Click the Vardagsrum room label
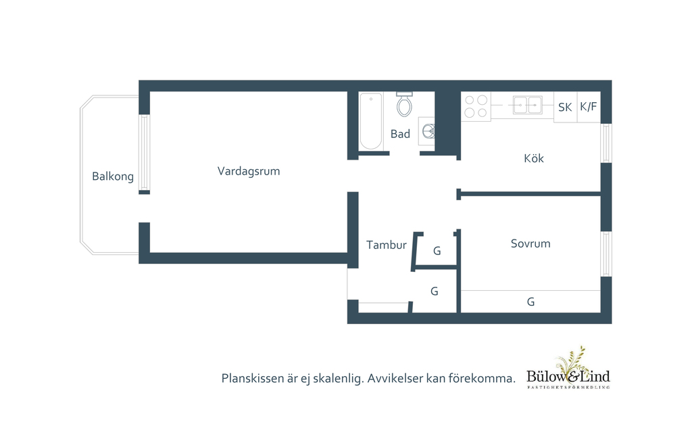pyautogui.click(x=248, y=171)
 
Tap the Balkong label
pyautogui.click(x=113, y=177)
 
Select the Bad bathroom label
pyautogui.click(x=400, y=134)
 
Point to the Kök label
pyautogui.click(x=533, y=158)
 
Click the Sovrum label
pyautogui.click(x=530, y=244)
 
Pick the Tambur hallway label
pyautogui.click(x=386, y=245)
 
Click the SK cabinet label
pyautogui.click(x=565, y=107)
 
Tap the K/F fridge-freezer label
pyautogui.click(x=589, y=106)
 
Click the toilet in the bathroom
pyautogui.click(x=404, y=104)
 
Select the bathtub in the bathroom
pyautogui.click(x=370, y=122)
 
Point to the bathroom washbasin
pyautogui.click(x=427, y=131)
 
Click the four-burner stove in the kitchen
pyautogui.click(x=476, y=107)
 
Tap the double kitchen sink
pyautogui.click(x=527, y=105)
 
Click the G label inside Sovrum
pyautogui.click(x=530, y=302)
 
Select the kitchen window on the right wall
pyautogui.click(x=606, y=143)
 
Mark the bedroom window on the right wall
pyautogui.click(x=606, y=254)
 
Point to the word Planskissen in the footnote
pyautogui.click(x=254, y=378)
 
